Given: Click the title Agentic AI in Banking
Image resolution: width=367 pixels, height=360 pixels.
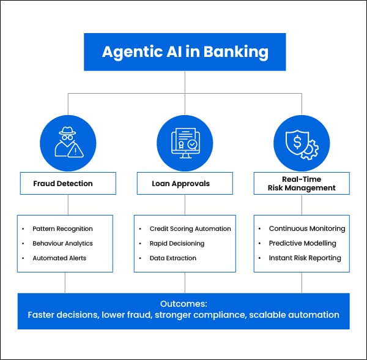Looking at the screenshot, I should click(185, 51).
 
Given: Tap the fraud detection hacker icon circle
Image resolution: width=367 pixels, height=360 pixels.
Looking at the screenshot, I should click(67, 142).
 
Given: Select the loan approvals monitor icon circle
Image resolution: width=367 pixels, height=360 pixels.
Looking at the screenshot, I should click(184, 142).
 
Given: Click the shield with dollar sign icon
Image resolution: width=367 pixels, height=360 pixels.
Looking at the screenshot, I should click(301, 142).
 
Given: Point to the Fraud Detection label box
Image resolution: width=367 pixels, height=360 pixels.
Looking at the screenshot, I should click(67, 183).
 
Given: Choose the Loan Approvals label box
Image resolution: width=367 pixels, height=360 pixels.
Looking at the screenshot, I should click(184, 183).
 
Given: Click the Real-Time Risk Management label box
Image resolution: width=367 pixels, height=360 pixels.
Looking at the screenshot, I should click(301, 183).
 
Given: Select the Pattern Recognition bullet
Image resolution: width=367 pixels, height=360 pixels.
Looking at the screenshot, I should click(62, 229).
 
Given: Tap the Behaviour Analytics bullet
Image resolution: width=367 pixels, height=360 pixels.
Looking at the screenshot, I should click(62, 243).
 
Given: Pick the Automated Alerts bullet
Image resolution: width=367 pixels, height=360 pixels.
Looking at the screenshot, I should click(59, 258).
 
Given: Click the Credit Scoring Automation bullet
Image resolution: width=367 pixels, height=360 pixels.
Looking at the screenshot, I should click(190, 229).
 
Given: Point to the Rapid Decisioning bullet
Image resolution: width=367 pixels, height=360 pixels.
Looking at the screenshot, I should click(177, 243).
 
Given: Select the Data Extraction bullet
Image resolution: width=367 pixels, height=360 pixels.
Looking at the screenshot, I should click(173, 258).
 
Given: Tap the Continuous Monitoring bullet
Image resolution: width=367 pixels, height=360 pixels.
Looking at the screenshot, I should click(307, 229).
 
